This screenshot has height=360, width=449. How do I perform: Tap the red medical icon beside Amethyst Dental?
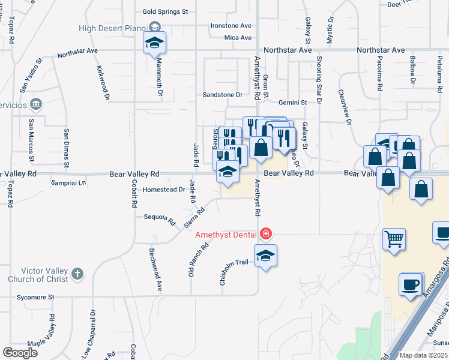(x=265, y=233)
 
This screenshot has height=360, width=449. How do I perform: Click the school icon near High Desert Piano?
(x=154, y=43)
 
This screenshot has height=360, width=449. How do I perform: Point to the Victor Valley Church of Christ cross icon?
(x=76, y=274)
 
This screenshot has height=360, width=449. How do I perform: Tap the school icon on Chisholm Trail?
(x=265, y=256)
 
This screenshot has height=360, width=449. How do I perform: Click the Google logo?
(x=20, y=352)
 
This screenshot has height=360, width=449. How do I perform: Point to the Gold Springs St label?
(x=165, y=11)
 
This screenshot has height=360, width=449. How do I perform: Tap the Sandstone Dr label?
(x=222, y=95)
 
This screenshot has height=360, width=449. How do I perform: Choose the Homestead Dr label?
(x=164, y=190)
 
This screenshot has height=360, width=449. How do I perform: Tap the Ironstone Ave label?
(x=231, y=26)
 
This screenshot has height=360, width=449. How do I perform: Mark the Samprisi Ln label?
(x=69, y=182)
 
